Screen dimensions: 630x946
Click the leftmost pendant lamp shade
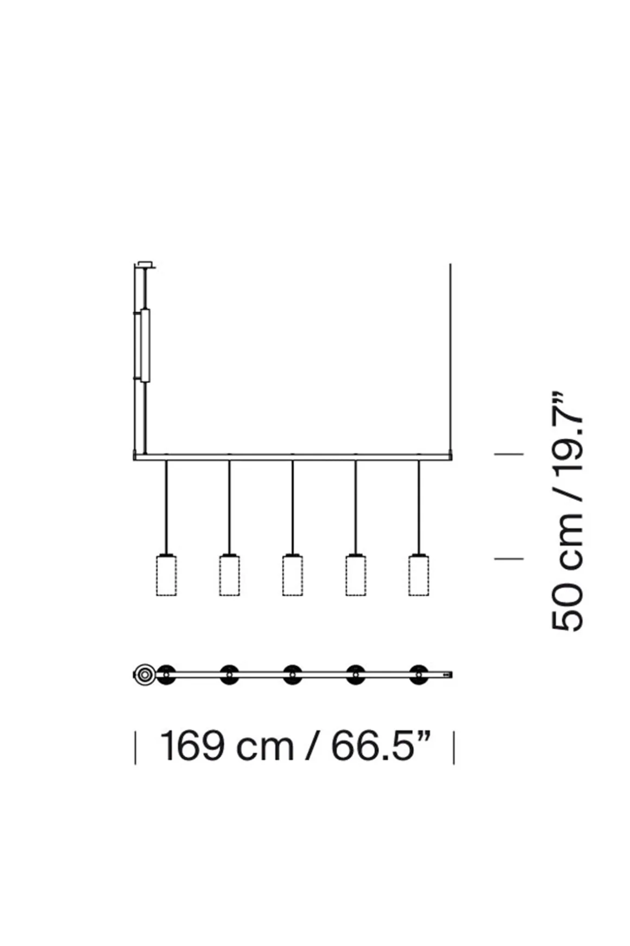pos(166,575)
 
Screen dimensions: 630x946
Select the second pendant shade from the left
pos(229,575)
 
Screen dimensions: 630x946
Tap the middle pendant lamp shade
pos(292,575)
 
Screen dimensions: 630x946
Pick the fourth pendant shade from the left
pos(356,575)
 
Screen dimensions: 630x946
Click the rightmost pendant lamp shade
pos(419,575)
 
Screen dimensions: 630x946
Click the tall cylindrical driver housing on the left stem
pos(144,345)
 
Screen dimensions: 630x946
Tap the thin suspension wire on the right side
pos(450,359)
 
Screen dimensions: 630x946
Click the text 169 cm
pos(227,746)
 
